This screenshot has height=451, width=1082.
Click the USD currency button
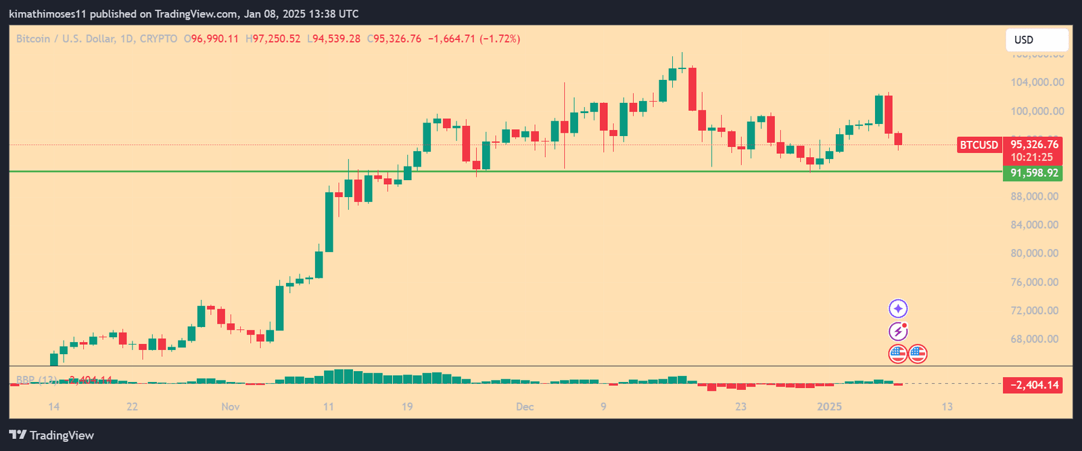click(x=1036, y=40)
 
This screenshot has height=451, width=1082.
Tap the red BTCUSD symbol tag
click(x=979, y=145)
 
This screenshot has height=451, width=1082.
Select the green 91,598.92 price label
click(x=1034, y=173)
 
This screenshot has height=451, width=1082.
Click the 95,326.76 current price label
click(x=1034, y=145)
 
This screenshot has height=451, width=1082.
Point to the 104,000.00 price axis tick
click(x=1037, y=83)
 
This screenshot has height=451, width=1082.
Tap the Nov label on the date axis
click(x=231, y=407)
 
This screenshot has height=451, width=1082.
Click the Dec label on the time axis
click(x=525, y=407)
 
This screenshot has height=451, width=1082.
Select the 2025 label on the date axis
click(x=829, y=407)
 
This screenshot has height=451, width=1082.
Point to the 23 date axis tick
click(x=741, y=407)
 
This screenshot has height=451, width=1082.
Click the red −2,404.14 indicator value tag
click(x=1034, y=385)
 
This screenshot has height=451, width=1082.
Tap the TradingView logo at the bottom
click(x=51, y=435)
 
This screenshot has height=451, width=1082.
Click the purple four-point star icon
click(x=898, y=309)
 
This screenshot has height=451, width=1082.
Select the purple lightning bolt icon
click(x=898, y=331)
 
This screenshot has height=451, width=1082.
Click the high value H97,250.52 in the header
click(x=273, y=39)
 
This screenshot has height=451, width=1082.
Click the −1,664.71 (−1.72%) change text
click(x=474, y=39)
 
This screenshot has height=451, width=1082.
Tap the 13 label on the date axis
click(x=947, y=407)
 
